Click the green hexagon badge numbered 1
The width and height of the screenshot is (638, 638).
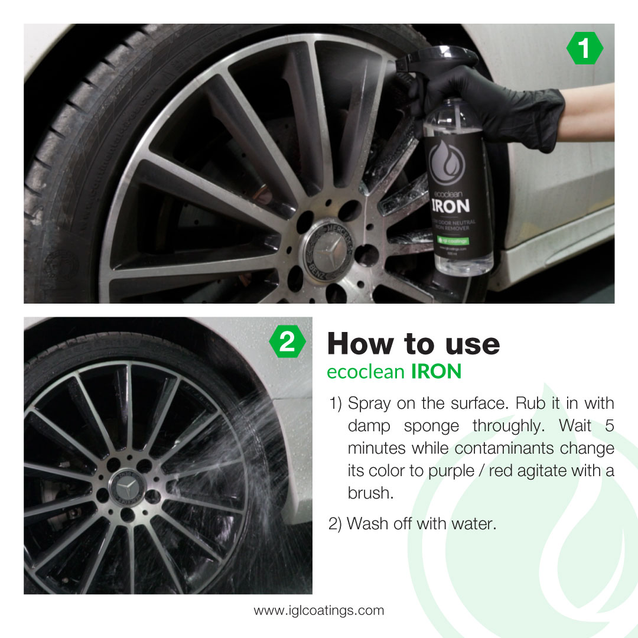(584, 48)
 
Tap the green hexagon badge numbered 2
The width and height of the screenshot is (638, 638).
(287, 342)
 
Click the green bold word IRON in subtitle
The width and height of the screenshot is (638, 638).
(436, 372)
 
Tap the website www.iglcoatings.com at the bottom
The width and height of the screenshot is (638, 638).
(319, 610)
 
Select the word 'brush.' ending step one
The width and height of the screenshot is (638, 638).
(370, 493)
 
